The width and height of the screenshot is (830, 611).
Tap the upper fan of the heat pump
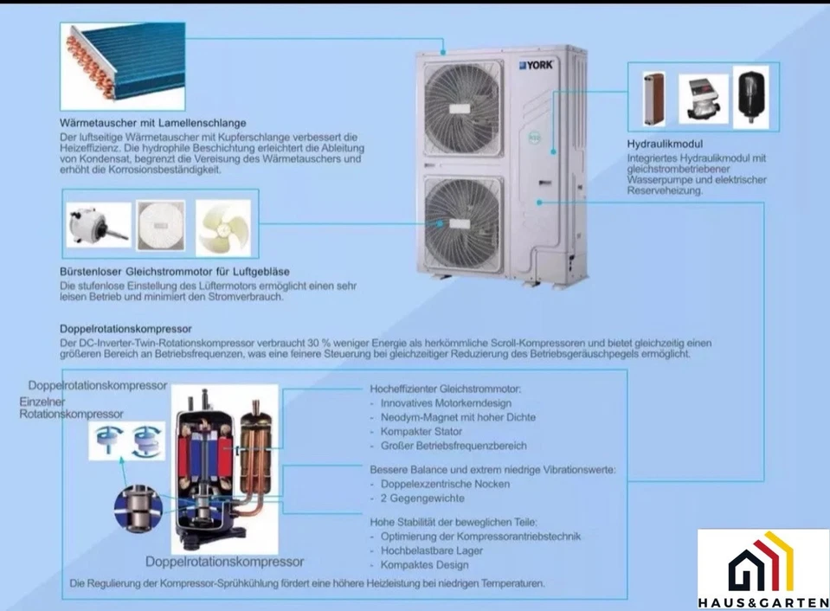464,108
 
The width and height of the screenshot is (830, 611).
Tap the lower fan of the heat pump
464,224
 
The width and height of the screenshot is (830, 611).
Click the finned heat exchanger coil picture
123,66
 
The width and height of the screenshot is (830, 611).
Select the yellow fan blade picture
223,228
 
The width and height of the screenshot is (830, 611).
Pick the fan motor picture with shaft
99,224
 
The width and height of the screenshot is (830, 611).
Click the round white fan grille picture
161,225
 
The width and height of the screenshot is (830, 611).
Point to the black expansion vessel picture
750,97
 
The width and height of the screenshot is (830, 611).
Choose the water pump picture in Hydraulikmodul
703,100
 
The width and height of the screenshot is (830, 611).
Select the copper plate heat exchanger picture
654,99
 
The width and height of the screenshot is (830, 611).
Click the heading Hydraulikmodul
665,144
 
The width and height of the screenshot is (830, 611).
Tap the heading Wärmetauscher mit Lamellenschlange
153,123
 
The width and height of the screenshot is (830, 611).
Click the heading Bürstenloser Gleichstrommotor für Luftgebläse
175,272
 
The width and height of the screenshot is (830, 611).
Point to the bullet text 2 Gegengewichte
422,498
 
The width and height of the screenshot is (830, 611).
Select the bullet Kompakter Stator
421,432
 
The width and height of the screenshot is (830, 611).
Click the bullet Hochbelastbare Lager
431,550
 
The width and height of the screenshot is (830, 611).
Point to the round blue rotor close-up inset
138,507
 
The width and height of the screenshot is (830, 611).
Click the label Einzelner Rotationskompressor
72,408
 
